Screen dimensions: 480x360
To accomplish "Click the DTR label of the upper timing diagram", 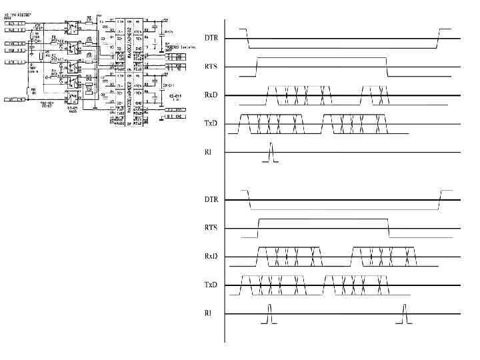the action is coord(211,39).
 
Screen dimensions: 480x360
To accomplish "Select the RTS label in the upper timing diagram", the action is coord(211,67).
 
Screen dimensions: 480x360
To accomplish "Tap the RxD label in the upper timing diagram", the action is coord(211,95).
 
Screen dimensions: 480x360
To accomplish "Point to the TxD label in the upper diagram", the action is coord(211,123).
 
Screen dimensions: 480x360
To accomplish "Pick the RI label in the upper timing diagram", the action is coord(208,152).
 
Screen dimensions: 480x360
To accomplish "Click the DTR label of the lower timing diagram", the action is coord(211,199).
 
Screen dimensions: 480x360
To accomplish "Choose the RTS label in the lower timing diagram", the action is coord(211,228).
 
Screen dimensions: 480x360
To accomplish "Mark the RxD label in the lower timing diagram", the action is coord(211,256).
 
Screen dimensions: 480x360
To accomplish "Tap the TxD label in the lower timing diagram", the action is coord(211,285).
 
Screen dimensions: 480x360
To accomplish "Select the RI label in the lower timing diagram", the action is coord(208,313).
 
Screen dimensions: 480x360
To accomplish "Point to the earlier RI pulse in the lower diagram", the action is coord(269,315).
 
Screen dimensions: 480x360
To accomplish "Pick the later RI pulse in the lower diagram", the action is coord(404,315).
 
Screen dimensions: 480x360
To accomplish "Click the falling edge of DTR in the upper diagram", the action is coord(247,39).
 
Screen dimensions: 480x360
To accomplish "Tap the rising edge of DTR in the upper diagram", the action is coord(438,39).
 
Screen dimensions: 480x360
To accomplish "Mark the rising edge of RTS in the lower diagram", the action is coord(258,227).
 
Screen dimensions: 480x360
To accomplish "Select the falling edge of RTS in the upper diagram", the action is coord(387,67).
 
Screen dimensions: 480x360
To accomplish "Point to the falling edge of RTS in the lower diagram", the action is coord(388,227).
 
